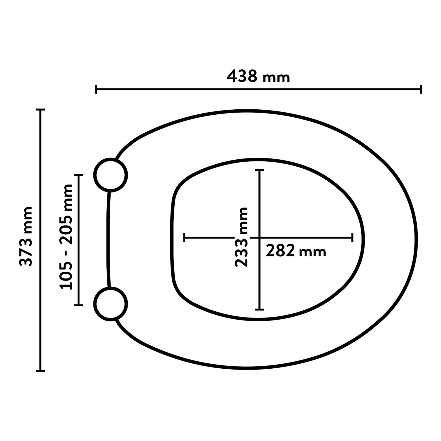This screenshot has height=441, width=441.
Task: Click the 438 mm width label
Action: pos(258,77)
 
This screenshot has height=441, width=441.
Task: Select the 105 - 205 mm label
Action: pos(66,237)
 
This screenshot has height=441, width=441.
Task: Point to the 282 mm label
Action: pos(296,252)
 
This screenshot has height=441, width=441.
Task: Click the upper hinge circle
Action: pos(111,175)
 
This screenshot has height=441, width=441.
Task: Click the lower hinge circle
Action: pos(111,304)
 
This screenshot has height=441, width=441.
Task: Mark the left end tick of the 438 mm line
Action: pos(96,89)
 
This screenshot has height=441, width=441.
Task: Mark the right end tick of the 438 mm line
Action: pos(421,89)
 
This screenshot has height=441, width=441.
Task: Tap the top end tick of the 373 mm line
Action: pos(40,110)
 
